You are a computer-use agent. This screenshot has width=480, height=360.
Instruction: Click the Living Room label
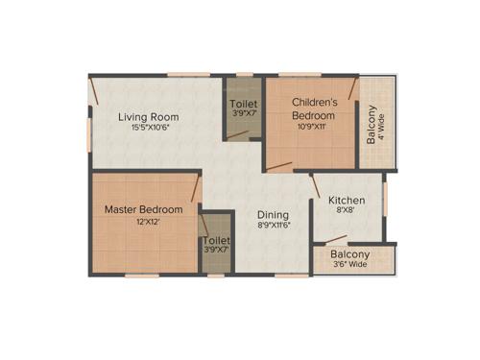(149, 117)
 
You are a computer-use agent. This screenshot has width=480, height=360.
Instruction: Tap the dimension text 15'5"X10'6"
(149, 131)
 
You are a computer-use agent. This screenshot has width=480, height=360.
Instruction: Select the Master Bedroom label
(144, 208)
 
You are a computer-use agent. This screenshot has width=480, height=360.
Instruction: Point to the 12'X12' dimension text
(144, 222)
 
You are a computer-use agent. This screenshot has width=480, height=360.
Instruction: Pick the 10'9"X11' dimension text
(312, 125)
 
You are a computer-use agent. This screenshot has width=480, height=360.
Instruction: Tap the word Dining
(274, 215)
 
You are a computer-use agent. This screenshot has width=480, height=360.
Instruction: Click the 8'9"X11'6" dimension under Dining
(274, 228)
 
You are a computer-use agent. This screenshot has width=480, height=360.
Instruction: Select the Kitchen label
(348, 201)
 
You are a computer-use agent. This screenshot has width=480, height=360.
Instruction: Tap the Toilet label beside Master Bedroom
(217, 240)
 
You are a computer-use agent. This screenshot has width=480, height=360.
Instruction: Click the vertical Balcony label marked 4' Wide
(371, 123)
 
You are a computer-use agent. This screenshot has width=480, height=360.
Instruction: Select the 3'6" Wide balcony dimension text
(349, 264)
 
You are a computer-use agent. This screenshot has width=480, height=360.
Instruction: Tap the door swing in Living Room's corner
(97, 92)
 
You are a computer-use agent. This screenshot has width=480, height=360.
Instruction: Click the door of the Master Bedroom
(196, 188)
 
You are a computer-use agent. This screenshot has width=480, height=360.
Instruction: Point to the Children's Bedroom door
(278, 167)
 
